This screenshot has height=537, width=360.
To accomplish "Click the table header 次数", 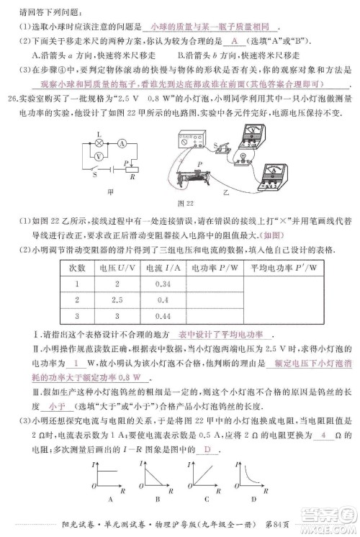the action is tap(77, 268).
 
